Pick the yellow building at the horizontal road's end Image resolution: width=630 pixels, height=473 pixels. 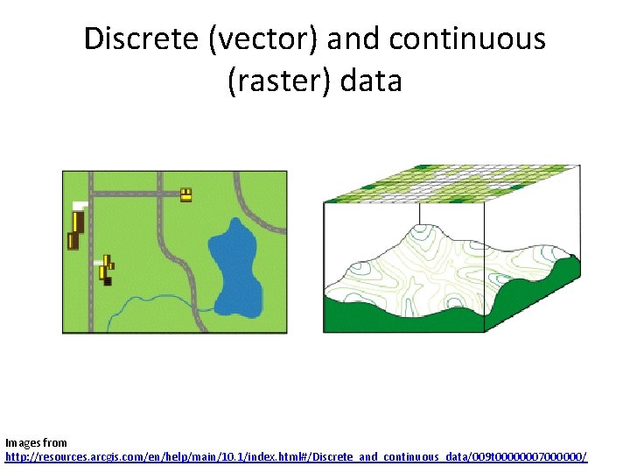pos(185,194)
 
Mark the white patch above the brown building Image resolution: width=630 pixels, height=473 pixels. pos(80,204)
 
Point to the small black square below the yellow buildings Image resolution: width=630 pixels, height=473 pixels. pos(107,280)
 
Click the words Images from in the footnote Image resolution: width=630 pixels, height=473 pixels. pos(36,443)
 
